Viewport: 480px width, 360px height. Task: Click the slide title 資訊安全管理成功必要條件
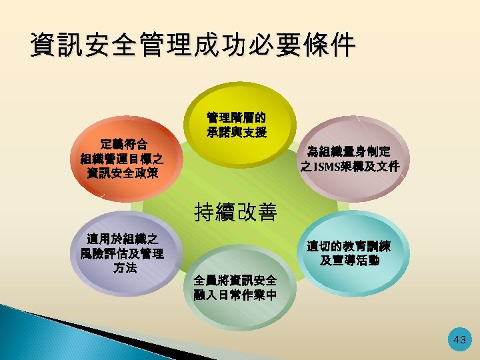click(x=193, y=45)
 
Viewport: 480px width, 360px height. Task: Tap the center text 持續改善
click(x=239, y=212)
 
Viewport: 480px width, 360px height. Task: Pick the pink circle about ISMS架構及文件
click(x=351, y=159)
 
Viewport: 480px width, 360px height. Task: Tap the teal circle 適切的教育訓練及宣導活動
click(x=351, y=253)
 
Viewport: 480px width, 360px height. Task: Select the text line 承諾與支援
click(x=237, y=132)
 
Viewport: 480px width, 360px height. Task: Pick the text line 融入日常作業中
click(x=234, y=295)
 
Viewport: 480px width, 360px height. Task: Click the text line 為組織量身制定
click(x=350, y=151)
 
